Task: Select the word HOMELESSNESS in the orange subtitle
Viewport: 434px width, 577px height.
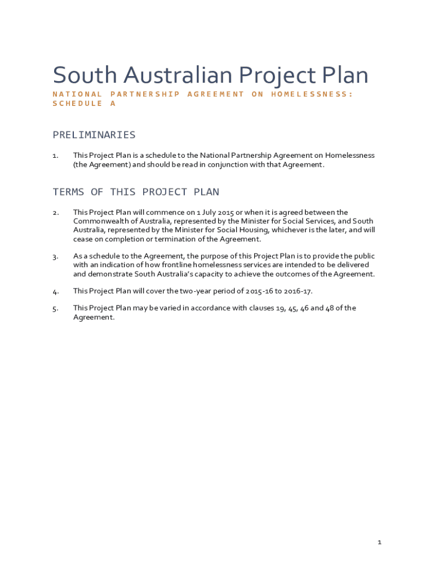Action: click(312, 94)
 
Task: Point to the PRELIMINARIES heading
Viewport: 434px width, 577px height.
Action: click(94, 135)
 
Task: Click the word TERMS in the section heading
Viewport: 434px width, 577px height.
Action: click(69, 192)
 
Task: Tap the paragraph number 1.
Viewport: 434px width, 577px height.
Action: click(55, 156)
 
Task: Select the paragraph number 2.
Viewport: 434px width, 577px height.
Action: click(55, 213)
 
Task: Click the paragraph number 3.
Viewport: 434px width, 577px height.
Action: click(55, 257)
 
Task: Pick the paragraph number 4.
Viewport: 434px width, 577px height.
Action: click(55, 292)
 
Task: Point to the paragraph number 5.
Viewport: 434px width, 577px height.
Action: click(55, 309)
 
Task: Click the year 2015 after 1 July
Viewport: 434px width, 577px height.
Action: click(224, 212)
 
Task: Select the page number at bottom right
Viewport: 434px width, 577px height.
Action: click(380, 542)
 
